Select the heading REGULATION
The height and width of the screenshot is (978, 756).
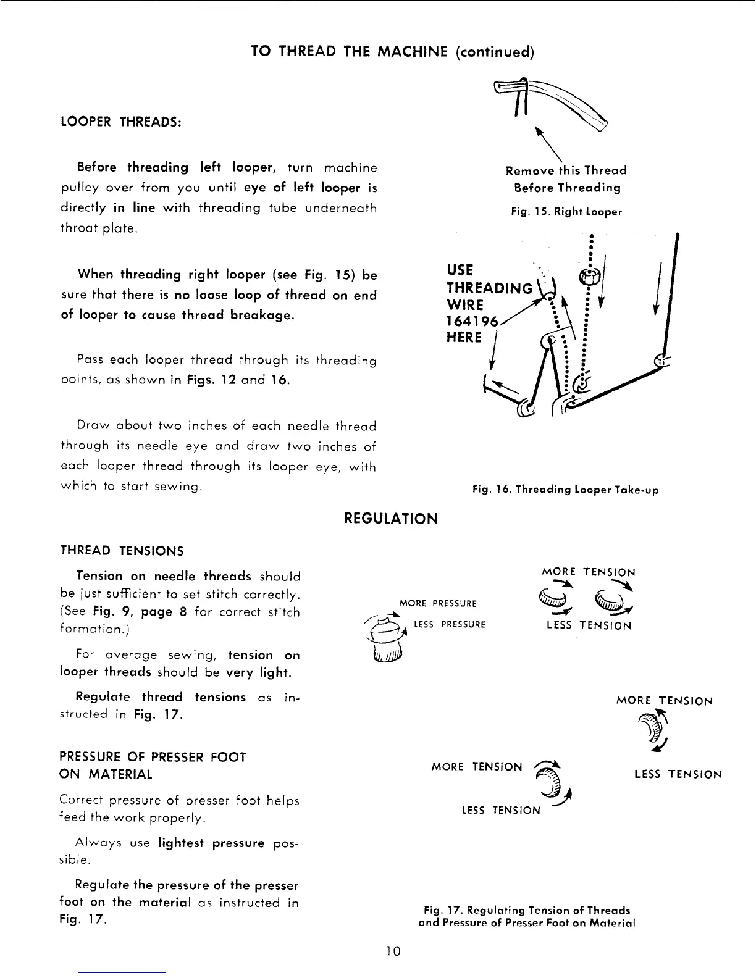(x=390, y=519)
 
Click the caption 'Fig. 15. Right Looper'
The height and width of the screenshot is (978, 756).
(x=566, y=212)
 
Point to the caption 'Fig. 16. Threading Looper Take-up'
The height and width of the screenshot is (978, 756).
(x=565, y=490)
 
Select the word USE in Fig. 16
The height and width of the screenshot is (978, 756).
(x=460, y=270)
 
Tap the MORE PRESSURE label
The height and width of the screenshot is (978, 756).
(x=438, y=603)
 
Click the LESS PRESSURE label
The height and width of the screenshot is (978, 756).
(x=449, y=625)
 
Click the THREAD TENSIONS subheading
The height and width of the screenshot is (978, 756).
(x=122, y=550)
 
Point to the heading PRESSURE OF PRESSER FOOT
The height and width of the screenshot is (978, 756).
(x=153, y=757)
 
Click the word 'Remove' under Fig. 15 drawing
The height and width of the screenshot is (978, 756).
(x=529, y=170)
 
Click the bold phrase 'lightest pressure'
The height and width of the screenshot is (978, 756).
(x=211, y=843)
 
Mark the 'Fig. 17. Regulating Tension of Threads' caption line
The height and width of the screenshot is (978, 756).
(x=527, y=910)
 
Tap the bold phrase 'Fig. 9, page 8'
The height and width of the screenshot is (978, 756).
(x=140, y=612)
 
